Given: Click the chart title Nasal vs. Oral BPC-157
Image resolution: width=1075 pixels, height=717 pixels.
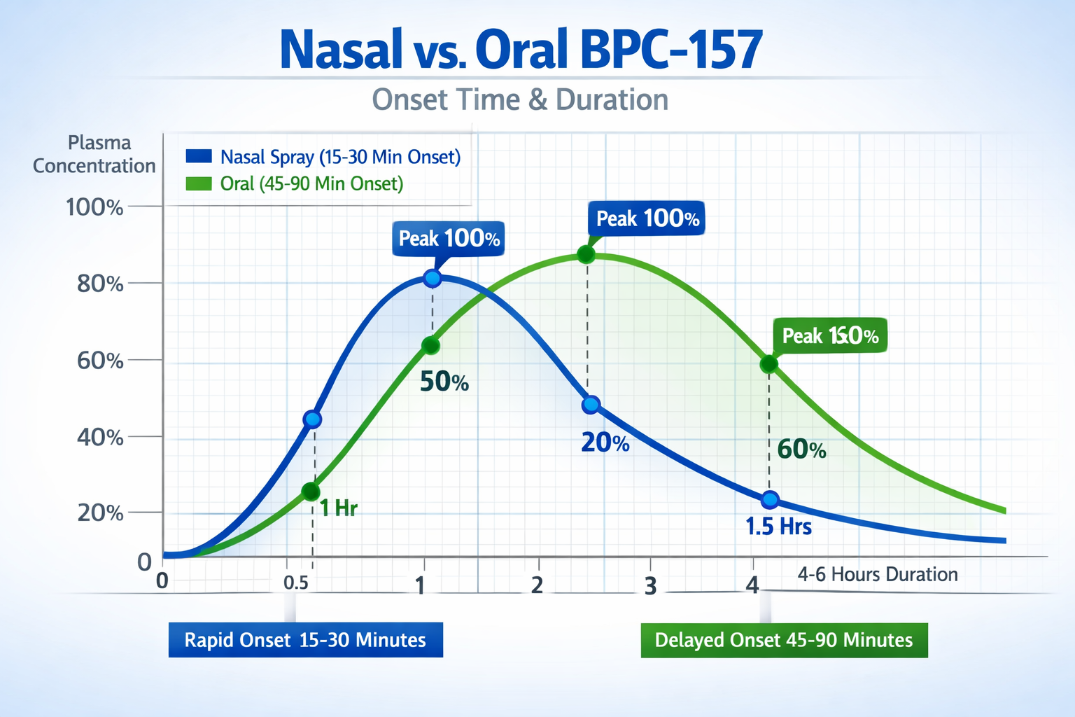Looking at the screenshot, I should [521, 50].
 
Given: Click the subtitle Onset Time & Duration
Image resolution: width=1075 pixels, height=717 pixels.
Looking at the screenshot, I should [520, 100].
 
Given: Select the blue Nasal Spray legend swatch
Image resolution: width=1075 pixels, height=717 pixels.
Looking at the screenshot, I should [199, 156].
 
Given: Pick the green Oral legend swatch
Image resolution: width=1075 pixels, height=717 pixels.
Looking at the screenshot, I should [199, 183].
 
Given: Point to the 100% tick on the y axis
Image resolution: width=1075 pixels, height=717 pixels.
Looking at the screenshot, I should [94, 207].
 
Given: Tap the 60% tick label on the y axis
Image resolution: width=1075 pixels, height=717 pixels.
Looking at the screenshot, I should [100, 361].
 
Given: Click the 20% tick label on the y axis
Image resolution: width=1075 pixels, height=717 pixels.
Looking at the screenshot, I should [100, 513].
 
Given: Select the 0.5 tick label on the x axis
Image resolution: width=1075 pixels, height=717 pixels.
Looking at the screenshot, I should [296, 583].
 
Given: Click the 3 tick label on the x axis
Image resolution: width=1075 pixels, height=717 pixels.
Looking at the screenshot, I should [650, 586].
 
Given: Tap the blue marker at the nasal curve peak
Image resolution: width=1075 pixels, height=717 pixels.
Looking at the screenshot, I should [433, 279].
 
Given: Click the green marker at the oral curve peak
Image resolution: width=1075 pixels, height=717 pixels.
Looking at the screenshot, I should [586, 255].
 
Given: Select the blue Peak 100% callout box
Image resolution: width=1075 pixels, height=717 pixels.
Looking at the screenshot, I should [449, 239].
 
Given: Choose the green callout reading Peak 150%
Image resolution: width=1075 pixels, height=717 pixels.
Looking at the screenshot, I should [830, 336].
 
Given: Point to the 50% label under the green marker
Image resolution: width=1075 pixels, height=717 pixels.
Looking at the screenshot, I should [444, 382].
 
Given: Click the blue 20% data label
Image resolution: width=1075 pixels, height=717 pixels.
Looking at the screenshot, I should [605, 443].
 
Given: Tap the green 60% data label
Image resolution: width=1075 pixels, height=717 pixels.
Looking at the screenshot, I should [801, 450].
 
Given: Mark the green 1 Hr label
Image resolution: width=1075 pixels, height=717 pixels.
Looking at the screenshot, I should [338, 508].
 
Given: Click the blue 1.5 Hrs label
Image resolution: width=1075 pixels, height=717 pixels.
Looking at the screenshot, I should [778, 527].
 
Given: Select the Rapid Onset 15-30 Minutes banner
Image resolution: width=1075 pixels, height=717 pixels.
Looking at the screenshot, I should [305, 640].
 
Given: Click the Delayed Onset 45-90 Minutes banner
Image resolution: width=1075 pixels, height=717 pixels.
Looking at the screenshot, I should [784, 640].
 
